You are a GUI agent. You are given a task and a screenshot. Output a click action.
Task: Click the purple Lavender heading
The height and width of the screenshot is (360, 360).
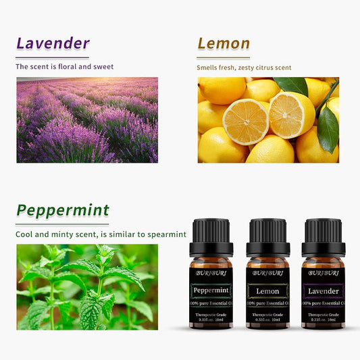click(x=53, y=44)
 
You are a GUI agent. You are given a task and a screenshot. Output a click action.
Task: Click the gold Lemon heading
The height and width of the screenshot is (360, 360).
click(x=224, y=44)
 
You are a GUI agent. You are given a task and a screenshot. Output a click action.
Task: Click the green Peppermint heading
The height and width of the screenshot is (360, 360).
click(x=63, y=209)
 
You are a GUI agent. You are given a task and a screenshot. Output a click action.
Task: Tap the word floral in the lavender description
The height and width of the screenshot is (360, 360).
click(x=76, y=67)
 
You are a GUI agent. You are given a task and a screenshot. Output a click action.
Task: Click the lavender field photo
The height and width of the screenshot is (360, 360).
click(x=87, y=120)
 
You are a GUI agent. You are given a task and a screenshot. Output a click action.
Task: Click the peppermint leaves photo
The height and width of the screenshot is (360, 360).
click(x=87, y=286)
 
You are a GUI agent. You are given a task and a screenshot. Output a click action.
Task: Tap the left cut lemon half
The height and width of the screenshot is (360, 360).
click(x=246, y=122)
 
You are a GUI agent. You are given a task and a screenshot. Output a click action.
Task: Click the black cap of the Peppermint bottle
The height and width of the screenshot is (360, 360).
click(x=211, y=236)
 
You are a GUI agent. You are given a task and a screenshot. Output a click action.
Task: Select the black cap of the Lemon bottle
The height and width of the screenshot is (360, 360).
click(x=267, y=236)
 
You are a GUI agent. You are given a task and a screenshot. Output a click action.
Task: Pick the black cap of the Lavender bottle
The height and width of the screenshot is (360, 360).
click(x=323, y=236)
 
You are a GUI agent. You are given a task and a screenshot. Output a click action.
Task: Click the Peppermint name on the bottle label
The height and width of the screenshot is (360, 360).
click(x=211, y=291)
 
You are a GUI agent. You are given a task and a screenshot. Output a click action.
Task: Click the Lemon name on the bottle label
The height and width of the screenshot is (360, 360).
click(x=267, y=291)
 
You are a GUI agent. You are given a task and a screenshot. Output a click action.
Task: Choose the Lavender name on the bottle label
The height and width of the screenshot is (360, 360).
click(x=323, y=291)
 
